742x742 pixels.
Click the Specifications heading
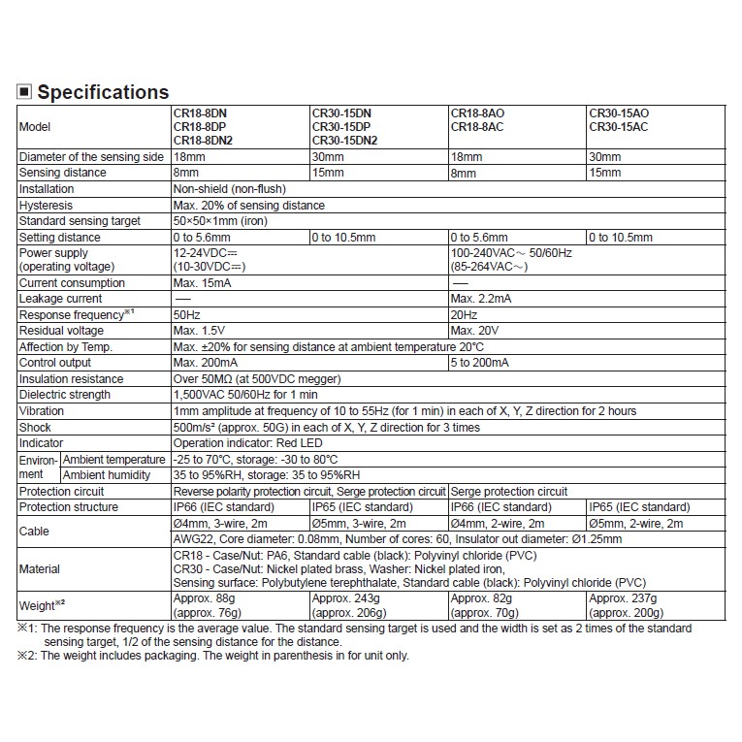click(x=103, y=92)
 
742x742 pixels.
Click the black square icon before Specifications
click(x=25, y=92)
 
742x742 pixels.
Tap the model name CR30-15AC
click(x=618, y=127)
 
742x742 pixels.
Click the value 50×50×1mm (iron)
click(x=220, y=221)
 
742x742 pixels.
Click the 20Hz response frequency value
click(x=464, y=315)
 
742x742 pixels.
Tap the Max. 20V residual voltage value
click(x=474, y=331)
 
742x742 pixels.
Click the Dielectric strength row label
click(x=64, y=395)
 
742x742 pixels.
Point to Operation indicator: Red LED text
click(x=247, y=442)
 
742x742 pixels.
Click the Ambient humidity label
click(x=107, y=475)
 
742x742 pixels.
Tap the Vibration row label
click(x=42, y=410)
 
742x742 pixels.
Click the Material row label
click(x=40, y=569)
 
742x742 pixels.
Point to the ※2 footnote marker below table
click(x=25, y=656)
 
